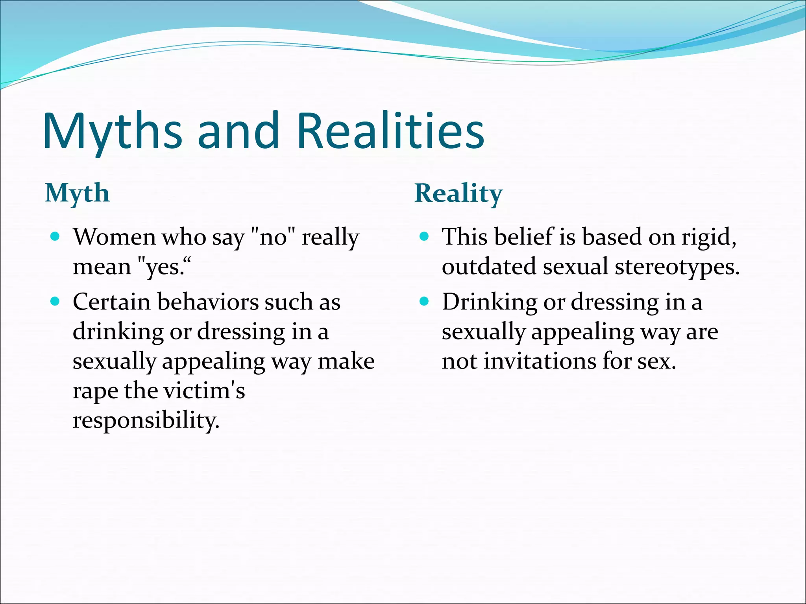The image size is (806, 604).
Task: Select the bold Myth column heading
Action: pyautogui.click(x=77, y=193)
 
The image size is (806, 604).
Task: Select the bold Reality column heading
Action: pyautogui.click(x=458, y=193)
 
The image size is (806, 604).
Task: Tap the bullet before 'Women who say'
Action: pyautogui.click(x=55, y=236)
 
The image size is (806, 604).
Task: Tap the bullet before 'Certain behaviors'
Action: pyautogui.click(x=55, y=302)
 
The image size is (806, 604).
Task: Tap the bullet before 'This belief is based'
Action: pyautogui.click(x=424, y=236)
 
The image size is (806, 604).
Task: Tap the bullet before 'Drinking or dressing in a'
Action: pyautogui.click(x=424, y=302)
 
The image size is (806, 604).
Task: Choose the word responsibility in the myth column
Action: pyautogui.click(x=146, y=420)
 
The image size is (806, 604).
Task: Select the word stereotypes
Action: pyautogui.click(x=677, y=267)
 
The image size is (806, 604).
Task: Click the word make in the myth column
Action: pyautogui.click(x=346, y=361)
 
